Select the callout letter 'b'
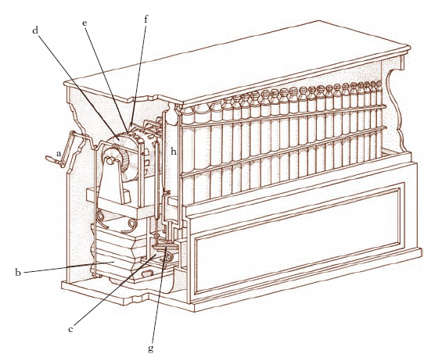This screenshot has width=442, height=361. point(16,273)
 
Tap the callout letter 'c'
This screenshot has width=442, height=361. point(70,330)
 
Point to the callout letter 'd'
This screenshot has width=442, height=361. point(35,30)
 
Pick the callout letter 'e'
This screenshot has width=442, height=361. point(84,23)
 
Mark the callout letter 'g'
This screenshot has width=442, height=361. point(151,348)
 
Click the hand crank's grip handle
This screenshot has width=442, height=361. point(52,160)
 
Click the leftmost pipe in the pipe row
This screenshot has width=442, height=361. point(187,156)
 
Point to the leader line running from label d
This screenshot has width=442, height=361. point(78,82)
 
